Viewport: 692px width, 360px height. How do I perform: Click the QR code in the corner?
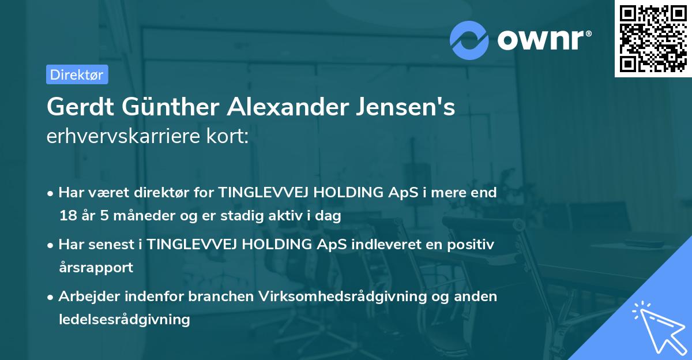tap(653, 39)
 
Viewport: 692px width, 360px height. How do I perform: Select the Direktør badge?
tap(77, 74)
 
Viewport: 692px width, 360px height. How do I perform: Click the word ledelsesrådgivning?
tap(124, 319)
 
